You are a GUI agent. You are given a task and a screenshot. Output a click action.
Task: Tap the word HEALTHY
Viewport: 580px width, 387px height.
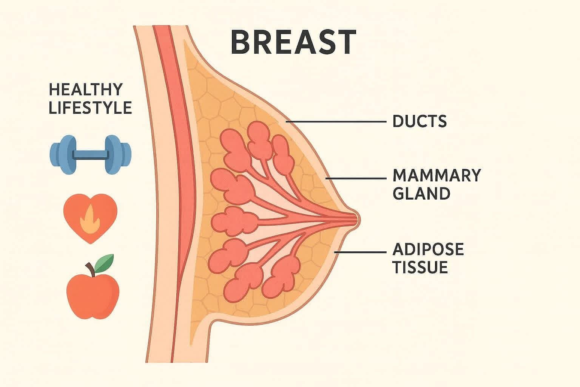[x=86, y=90]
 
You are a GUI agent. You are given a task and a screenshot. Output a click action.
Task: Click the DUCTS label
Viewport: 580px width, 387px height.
[x=420, y=121]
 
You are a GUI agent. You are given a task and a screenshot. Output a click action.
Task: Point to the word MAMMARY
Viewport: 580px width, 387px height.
[x=437, y=175]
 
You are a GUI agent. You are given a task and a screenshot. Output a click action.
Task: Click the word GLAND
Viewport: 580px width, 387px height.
[x=421, y=193]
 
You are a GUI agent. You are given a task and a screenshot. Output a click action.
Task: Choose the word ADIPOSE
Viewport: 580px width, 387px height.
[x=428, y=249]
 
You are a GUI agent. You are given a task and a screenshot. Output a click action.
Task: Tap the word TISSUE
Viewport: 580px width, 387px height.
[x=420, y=267]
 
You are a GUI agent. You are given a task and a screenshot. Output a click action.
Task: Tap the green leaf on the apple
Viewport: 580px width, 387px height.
[x=104, y=263]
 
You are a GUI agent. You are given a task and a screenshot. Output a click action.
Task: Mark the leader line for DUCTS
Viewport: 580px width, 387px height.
[x=336, y=122]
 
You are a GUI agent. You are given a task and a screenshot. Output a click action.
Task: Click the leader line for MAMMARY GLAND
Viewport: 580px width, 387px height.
[x=357, y=178]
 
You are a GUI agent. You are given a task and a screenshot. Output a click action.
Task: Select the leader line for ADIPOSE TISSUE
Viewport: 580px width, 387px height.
[x=361, y=252]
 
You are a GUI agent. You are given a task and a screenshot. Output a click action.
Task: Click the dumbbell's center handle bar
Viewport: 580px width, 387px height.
[x=91, y=155]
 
